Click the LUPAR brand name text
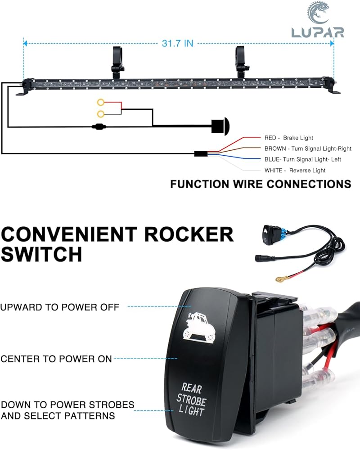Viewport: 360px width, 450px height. click(318, 32)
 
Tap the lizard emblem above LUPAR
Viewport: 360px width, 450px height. click(319, 13)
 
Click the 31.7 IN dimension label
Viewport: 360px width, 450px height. click(177, 43)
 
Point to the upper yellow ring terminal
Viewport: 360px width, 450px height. click(100, 102)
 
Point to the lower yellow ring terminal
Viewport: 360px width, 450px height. click(100, 114)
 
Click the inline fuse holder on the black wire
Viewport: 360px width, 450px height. click(99, 126)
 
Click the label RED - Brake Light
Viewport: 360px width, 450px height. click(288, 138)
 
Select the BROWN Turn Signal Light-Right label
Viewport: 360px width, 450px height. click(308, 148)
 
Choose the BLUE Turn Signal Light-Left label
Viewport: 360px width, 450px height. click(302, 159)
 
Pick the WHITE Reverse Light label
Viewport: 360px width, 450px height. click(295, 171)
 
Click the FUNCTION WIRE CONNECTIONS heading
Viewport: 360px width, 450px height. click(261, 184)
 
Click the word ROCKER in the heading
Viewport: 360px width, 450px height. click(189, 234)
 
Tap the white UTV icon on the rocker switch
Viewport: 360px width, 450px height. click(198, 327)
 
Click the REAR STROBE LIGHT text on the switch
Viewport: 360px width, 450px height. click(191, 399)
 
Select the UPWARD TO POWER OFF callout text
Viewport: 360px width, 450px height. click(60, 307)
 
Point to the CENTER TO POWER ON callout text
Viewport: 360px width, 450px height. click(56, 359)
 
